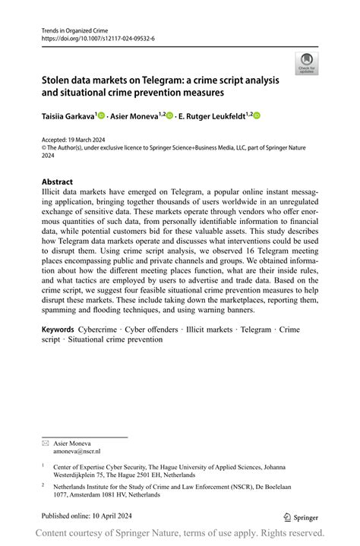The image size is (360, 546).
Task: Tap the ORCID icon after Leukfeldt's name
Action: pyautogui.click(x=257, y=115)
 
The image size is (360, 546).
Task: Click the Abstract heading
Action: pyautogui.click(x=58, y=182)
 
